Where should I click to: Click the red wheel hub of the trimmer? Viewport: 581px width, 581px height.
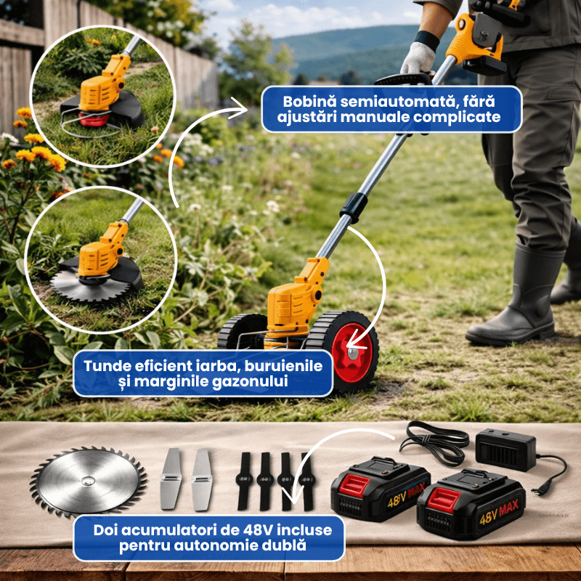(x=352, y=353)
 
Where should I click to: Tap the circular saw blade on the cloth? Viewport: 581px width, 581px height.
(x=88, y=481)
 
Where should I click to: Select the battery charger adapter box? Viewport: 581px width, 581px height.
(x=505, y=450)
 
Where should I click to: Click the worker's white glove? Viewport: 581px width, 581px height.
(x=418, y=58)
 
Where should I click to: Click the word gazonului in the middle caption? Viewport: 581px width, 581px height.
(x=250, y=381)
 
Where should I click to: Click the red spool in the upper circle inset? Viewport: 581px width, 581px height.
(x=94, y=119)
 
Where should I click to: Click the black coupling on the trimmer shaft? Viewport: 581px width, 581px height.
(x=354, y=208)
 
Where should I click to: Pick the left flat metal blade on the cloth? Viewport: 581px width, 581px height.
(x=171, y=479)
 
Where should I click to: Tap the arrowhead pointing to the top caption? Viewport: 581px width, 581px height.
(x=239, y=108)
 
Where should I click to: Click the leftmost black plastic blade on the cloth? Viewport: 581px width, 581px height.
(x=245, y=481)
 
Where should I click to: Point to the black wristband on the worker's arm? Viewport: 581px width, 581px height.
(x=427, y=39)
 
